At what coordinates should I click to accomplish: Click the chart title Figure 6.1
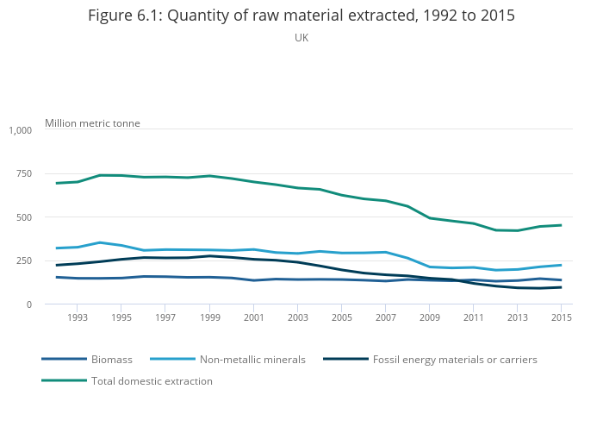301,16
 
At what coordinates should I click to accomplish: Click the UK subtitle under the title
301,38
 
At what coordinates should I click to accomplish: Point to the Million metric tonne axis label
92,123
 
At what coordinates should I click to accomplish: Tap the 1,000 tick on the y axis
20,130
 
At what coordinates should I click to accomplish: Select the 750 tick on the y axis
23,173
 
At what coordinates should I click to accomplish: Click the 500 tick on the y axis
23,217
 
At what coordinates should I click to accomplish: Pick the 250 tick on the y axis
23,260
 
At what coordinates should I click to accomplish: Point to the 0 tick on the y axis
28,304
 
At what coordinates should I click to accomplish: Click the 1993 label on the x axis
77,318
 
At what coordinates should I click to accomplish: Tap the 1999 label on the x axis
209,318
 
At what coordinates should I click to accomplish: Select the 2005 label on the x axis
341,318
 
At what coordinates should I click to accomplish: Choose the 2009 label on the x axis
430,318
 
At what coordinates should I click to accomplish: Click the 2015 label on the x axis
562,318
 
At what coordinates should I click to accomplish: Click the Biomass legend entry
110,359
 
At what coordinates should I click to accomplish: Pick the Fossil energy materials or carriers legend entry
455,359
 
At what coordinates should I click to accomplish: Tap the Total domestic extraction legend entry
152,380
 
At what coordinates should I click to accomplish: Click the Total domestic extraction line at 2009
430,218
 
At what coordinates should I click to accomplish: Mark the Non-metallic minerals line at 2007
386,252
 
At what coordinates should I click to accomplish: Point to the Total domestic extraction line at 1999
209,176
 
